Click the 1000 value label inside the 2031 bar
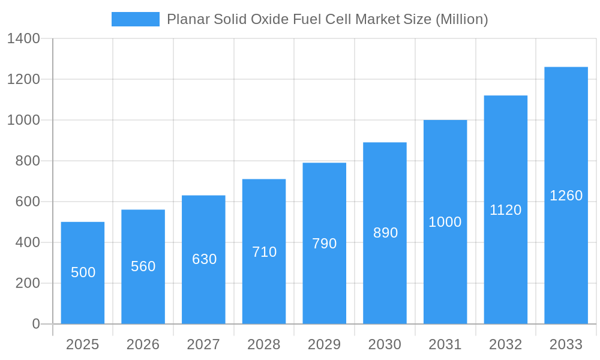tap(445, 222)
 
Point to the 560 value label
tap(143, 266)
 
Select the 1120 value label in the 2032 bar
tap(506, 210)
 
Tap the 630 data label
tap(204, 259)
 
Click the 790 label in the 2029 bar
tap(325, 244)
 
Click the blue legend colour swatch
tap(136, 19)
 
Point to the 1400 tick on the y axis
tap(23, 38)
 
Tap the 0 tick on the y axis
tap(36, 324)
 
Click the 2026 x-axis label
tap(143, 344)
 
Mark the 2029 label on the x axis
tap(325, 344)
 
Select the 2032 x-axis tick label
tap(506, 344)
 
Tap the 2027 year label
tap(204, 344)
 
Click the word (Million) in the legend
tap(461, 19)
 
